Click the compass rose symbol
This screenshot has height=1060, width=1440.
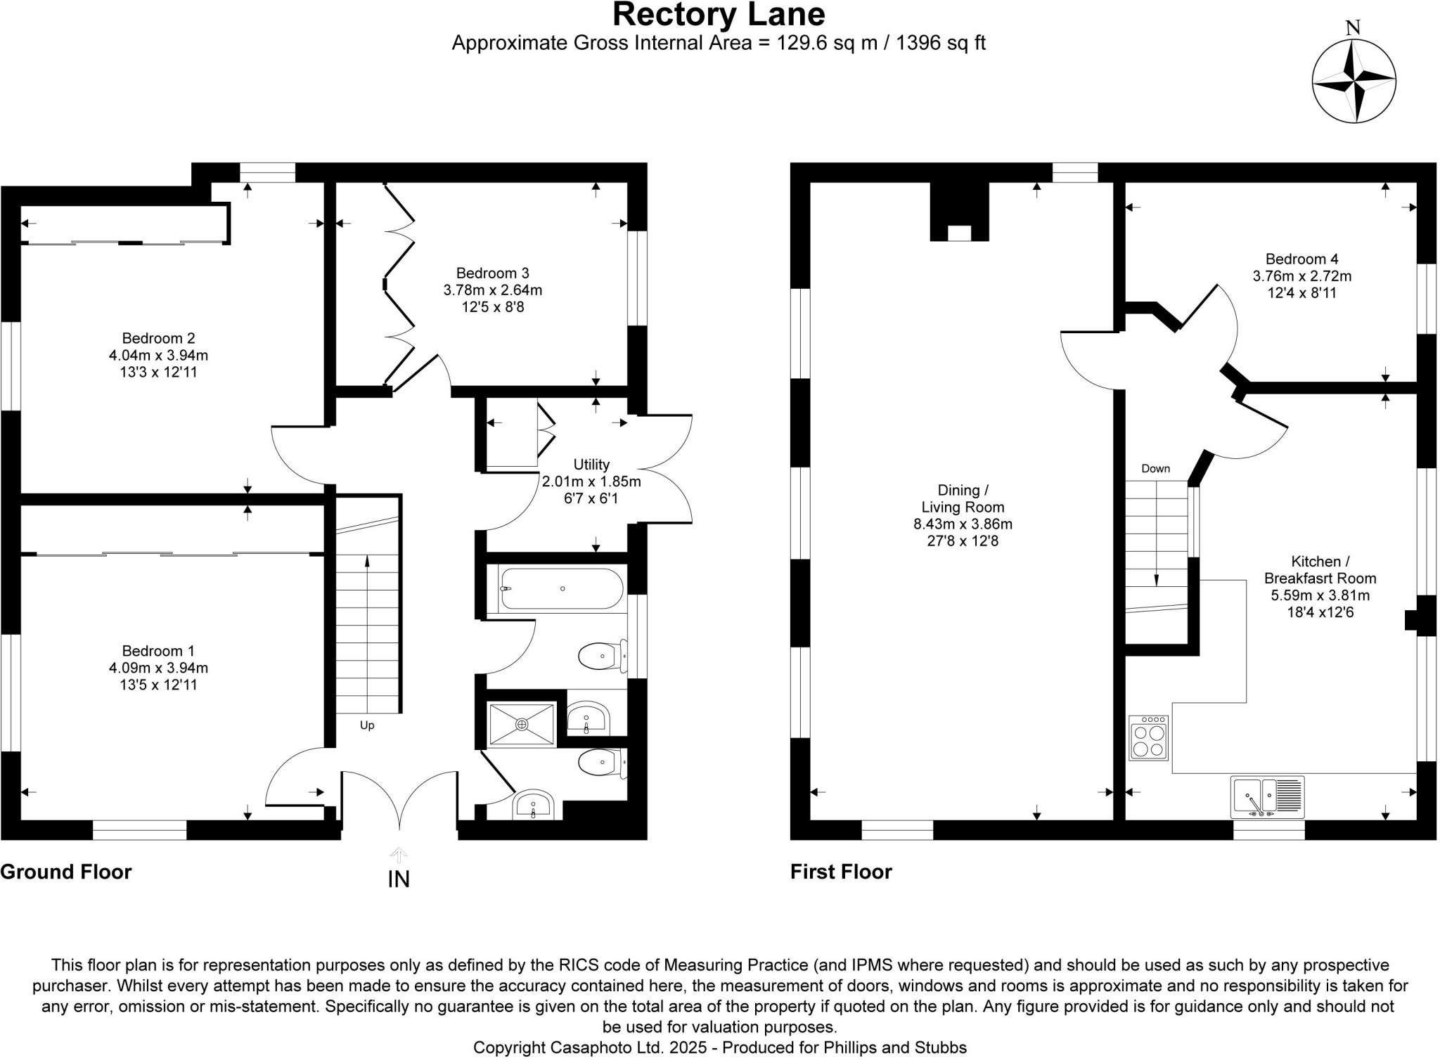1354,82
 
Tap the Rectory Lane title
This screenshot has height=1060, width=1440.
719,14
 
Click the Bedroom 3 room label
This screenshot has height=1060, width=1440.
492,273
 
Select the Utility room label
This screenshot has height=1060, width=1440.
591,465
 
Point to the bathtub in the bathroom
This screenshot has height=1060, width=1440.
562,588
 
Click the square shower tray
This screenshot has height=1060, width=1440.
522,724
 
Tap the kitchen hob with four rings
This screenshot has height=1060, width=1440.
1148,738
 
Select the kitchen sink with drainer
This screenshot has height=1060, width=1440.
1267,797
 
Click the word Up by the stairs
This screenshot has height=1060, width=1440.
367,725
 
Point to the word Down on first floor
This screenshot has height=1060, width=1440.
1155,469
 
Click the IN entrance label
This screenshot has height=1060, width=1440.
399,879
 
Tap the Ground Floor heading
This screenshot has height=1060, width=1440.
66,872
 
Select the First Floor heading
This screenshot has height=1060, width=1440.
841,872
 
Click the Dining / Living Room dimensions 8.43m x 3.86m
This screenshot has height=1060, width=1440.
963,524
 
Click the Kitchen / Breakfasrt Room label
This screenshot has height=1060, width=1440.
1320,570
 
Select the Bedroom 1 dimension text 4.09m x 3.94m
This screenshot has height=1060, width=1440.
158,668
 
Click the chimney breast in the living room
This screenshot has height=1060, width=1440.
960,211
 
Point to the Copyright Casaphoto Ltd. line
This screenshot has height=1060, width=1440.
719,1047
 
